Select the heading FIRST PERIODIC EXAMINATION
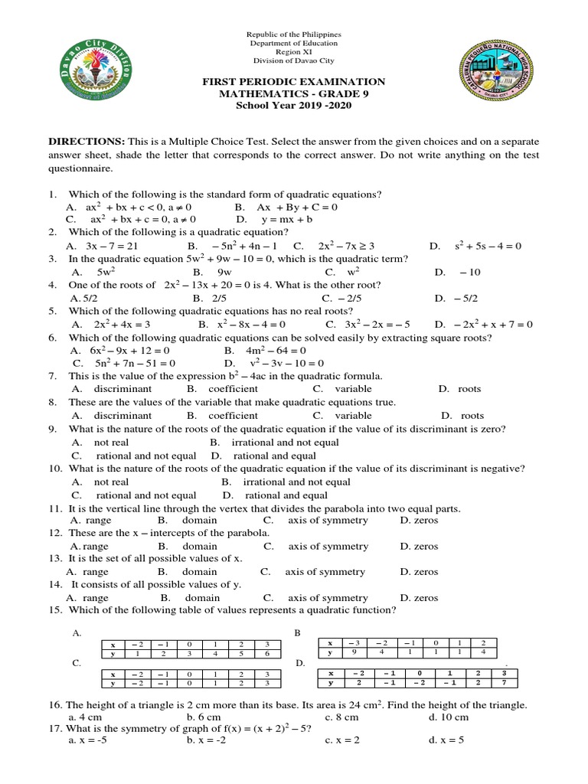(293, 82)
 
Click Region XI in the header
(293, 52)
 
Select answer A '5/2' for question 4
(80, 298)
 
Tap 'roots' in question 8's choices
(469, 415)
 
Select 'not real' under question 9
(111, 442)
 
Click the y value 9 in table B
(354, 653)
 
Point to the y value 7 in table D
(504, 682)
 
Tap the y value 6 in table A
(266, 653)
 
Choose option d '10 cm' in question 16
(455, 717)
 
